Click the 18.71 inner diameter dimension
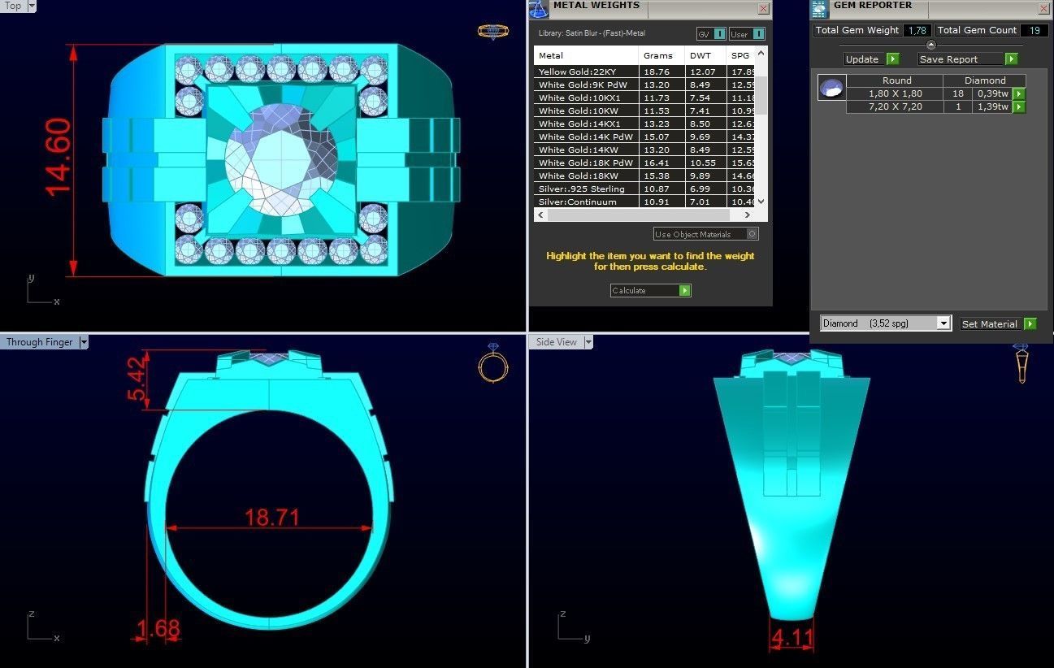[272, 518]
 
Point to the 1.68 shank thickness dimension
[158, 628]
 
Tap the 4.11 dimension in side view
[792, 638]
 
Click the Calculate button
[650, 290]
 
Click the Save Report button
[967, 59]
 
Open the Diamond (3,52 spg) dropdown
[885, 323]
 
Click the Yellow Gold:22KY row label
[577, 72]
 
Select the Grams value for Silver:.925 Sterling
[657, 189]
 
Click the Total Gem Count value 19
[1034, 31]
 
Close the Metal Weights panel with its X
[763, 8]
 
